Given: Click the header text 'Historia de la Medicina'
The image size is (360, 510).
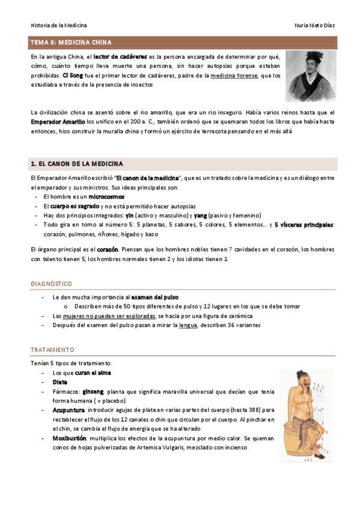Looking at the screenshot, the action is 58,25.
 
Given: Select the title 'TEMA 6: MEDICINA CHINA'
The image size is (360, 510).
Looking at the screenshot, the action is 71,43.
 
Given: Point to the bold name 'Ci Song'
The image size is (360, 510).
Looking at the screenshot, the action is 71,76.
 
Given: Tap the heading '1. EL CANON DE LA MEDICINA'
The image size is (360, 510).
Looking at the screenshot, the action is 77,164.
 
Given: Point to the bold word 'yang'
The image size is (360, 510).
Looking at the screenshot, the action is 201,215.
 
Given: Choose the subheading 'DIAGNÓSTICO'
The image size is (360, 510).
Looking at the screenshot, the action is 51,283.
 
